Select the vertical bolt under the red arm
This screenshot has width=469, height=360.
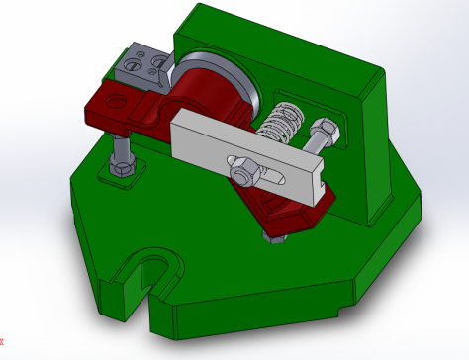point(120,148)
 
